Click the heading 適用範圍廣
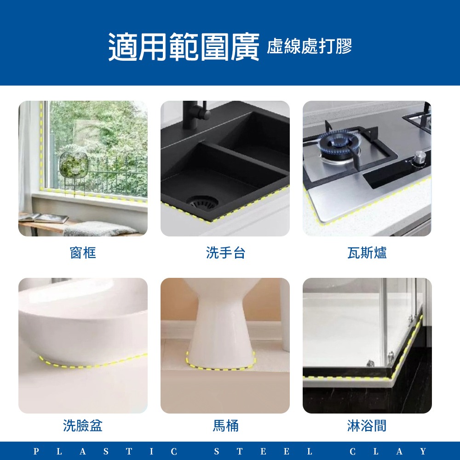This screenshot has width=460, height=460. coord(184,47)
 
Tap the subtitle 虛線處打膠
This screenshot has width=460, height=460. coord(310,46)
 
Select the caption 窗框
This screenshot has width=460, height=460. coord(83,253)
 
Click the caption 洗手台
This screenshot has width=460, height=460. coord(225,253)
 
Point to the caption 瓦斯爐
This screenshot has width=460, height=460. coord(367,253)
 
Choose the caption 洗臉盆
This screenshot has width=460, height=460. coord(83,426)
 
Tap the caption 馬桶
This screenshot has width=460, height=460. coord(225,426)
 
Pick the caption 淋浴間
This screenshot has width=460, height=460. coord(367,426)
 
